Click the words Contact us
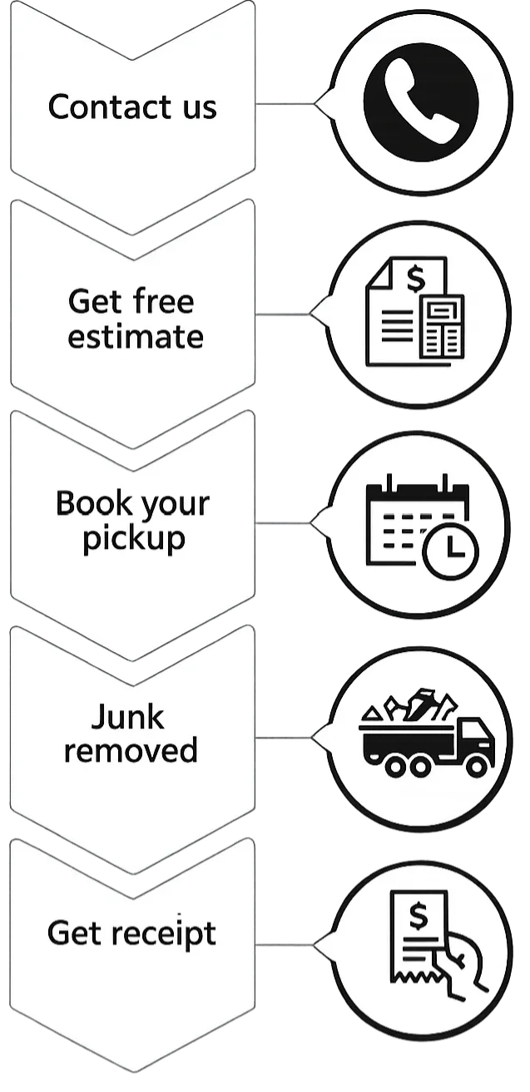pyautogui.click(x=132, y=107)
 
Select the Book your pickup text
pyautogui.click(x=133, y=521)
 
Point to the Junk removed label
pyautogui.click(x=131, y=734)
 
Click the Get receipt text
pyautogui.click(x=131, y=933)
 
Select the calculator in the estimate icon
pyautogui.click(x=442, y=327)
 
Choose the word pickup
pyautogui.click(x=133, y=539)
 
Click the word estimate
pyautogui.click(x=135, y=337)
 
